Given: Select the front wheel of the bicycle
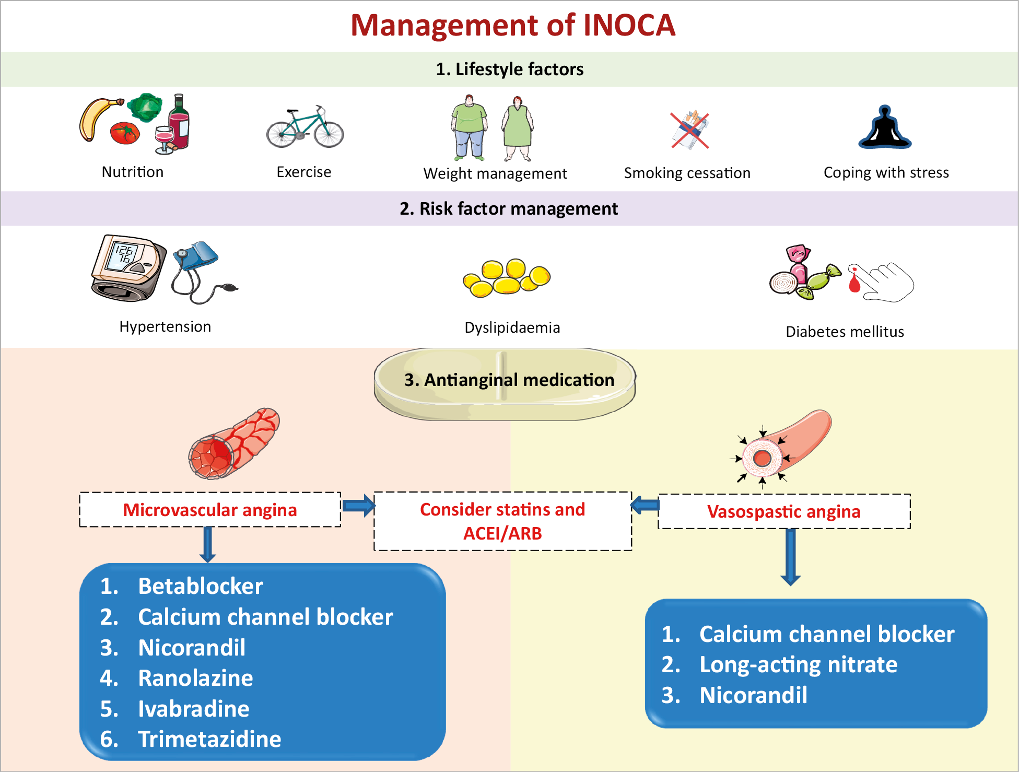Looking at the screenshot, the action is coord(329,134).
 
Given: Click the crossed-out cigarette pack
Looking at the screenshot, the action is coord(690,130).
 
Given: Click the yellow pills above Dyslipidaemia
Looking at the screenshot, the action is coord(507,278).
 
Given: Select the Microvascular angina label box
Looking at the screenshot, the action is coord(210,510).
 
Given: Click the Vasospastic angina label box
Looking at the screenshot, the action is coord(784,511).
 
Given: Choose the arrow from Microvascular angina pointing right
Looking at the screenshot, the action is coord(359,505).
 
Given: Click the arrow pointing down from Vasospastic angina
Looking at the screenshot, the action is coord(791,557).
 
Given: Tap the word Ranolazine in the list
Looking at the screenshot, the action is coord(195,678).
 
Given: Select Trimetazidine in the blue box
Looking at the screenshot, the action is coord(209,739).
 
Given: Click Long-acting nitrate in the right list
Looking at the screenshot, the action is coord(798,665).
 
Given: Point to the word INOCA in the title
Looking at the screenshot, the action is coord(629,25).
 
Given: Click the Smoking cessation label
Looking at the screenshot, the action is coord(687,173).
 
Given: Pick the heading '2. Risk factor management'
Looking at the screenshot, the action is coord(509,208).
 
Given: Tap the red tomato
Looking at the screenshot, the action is coord(125,133).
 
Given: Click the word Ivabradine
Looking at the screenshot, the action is coord(194,709).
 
